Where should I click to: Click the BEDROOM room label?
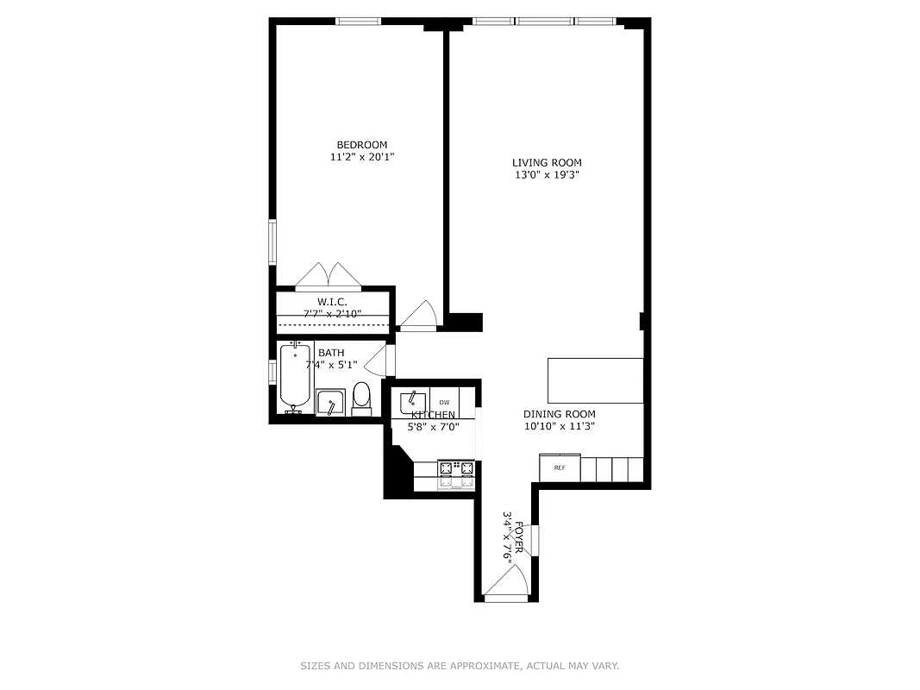click(x=361, y=145)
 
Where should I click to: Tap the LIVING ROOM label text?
click(x=547, y=163)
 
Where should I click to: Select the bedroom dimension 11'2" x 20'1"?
click(x=361, y=157)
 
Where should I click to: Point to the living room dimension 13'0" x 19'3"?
click(x=547, y=175)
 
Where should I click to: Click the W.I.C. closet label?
click(x=332, y=302)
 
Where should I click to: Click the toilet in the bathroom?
click(x=361, y=398)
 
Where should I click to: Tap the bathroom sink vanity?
click(x=330, y=403)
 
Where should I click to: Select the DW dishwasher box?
click(x=445, y=403)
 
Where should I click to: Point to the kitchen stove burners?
click(x=457, y=469)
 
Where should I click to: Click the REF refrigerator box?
click(x=560, y=468)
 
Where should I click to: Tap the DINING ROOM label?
click(x=560, y=415)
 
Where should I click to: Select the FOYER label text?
click(x=519, y=539)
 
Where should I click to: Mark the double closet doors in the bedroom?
click(x=328, y=276)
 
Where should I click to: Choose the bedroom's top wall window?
click(x=359, y=22)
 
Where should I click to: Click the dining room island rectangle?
click(x=596, y=380)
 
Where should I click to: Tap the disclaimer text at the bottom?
click(x=460, y=666)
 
